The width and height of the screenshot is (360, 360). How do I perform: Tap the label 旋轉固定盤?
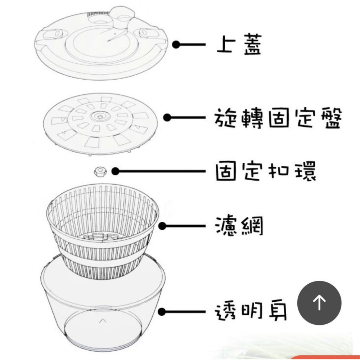tap(277, 118)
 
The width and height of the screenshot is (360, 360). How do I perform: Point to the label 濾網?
tap(240, 226)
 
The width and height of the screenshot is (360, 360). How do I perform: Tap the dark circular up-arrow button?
tap(319, 303)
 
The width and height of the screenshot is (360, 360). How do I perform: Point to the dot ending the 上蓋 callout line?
tap(176, 45)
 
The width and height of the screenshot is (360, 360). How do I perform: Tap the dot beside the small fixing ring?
tap(115, 171)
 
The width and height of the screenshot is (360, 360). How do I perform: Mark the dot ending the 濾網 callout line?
tap(162, 226)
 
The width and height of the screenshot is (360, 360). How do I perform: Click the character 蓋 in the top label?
tap(252, 45)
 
